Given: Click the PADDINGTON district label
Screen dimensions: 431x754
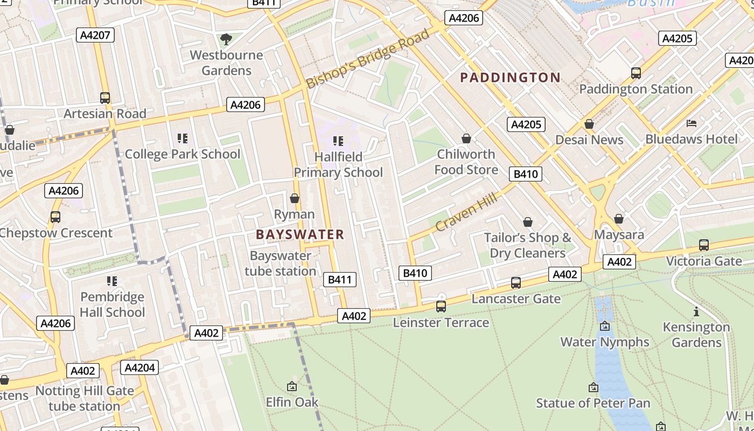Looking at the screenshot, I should click(x=511, y=78).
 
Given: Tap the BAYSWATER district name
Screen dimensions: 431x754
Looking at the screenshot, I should click(x=300, y=234).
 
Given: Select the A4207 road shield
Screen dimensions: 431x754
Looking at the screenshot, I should click(x=95, y=36).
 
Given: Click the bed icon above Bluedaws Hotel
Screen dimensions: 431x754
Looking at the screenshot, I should click(x=692, y=123).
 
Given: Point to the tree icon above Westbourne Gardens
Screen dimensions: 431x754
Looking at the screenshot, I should click(x=226, y=39).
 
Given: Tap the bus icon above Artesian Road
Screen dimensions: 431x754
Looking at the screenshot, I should click(x=105, y=98).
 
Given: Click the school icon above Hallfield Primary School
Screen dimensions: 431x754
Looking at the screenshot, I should click(x=338, y=141).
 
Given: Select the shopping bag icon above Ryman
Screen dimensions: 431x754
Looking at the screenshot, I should click(x=295, y=198).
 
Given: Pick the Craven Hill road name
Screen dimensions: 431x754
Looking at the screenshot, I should click(x=466, y=213).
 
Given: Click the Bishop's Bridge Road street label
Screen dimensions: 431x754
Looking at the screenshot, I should click(x=368, y=58).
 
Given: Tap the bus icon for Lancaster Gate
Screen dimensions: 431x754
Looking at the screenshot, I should click(x=516, y=283).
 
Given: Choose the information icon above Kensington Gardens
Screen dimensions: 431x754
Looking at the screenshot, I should click(x=696, y=311).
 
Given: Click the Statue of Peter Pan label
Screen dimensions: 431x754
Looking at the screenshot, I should click(x=593, y=403).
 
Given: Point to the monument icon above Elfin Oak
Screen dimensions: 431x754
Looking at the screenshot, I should click(x=292, y=386).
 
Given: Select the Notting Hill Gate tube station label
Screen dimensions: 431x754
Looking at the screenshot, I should click(x=85, y=398).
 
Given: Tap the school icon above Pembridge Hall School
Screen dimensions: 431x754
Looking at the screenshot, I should click(x=112, y=281).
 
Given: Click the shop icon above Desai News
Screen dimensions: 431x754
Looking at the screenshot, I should click(x=589, y=124).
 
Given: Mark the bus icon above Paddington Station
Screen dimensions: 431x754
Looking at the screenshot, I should click(x=636, y=73).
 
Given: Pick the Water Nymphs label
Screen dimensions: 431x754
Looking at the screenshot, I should click(x=605, y=342).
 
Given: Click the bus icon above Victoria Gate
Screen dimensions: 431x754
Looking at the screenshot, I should click(x=704, y=245).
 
